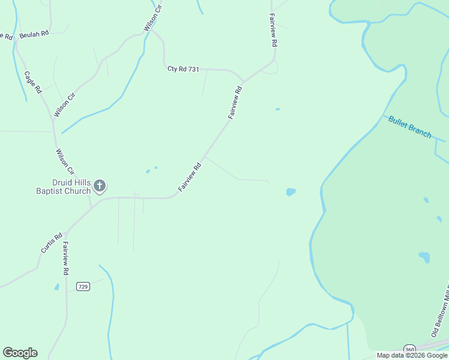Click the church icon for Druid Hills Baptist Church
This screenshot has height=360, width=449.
point(100,186)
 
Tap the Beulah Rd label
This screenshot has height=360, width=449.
point(34,35)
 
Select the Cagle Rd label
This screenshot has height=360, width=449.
point(32,82)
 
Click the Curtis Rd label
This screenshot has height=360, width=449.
point(52,243)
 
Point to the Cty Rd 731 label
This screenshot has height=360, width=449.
point(183,70)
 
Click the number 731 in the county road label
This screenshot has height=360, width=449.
point(193,70)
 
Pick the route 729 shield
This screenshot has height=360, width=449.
point(83,287)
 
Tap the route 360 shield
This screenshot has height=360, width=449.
point(409,349)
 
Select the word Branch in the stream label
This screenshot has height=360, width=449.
point(420,131)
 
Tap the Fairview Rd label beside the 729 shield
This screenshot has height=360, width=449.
point(65,258)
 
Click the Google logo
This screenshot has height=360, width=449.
point(20,353)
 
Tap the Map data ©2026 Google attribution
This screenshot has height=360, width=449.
point(412,355)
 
